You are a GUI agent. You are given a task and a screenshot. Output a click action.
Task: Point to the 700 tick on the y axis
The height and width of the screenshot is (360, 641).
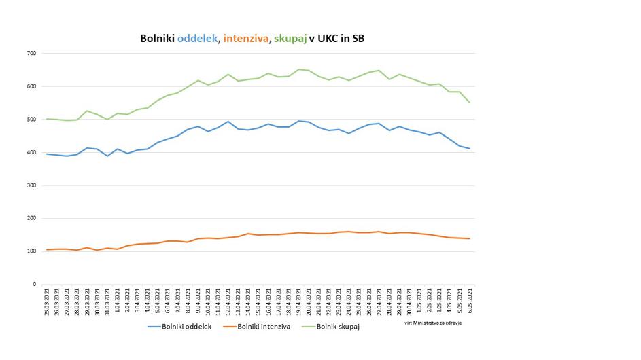click(x=31, y=53)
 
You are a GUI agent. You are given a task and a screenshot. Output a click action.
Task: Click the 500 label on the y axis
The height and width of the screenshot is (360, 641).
click(x=31, y=120)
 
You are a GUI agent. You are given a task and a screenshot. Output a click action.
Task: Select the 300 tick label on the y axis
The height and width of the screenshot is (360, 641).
click(x=31, y=185)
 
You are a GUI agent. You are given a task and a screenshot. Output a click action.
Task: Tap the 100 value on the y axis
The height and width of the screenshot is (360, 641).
click(x=31, y=251)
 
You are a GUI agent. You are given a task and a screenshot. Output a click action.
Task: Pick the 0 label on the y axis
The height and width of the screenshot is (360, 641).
click(x=35, y=285)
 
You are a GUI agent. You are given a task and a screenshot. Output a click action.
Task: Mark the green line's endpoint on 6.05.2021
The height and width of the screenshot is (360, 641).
click(x=469, y=103)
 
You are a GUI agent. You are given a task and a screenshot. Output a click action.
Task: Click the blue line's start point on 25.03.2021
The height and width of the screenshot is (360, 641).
click(x=46, y=154)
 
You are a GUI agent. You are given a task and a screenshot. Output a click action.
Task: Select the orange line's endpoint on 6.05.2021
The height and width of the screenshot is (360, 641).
click(x=469, y=238)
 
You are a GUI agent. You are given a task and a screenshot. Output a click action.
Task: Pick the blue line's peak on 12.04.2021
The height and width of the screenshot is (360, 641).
click(x=228, y=122)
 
